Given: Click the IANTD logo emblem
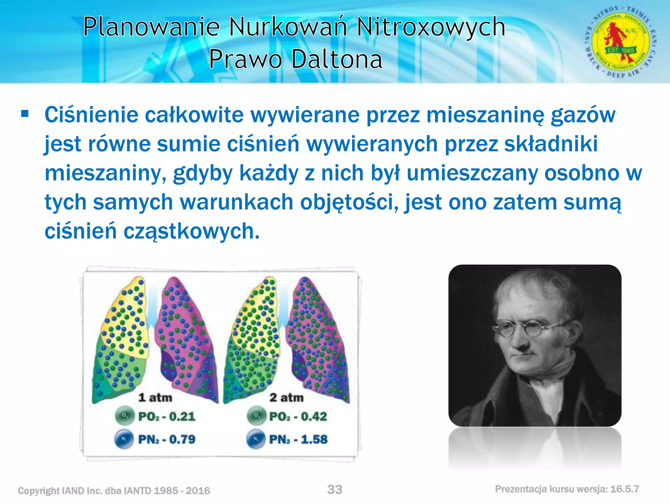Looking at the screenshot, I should pyautogui.click(x=621, y=42).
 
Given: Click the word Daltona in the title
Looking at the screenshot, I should pyautogui.click(x=337, y=59).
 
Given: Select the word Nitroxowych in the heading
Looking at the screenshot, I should pyautogui.click(x=431, y=27).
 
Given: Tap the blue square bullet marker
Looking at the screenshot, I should pyautogui.click(x=25, y=114).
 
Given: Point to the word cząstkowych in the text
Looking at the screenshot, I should pyautogui.click(x=191, y=231).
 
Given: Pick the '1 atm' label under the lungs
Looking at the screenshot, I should pyautogui.click(x=155, y=398).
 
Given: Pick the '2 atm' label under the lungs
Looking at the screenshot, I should pyautogui.click(x=286, y=398).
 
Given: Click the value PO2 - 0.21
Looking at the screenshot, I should pyautogui.click(x=167, y=417).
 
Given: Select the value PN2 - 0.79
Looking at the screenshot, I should pyautogui.click(x=167, y=439).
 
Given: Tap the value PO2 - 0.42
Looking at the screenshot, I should pyautogui.click(x=298, y=417).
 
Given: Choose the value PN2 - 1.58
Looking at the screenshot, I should pyautogui.click(x=298, y=439).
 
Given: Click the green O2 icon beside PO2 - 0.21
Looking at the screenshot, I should pyautogui.click(x=125, y=416).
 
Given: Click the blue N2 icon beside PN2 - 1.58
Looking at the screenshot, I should pyautogui.click(x=256, y=439).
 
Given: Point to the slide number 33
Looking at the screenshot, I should pyautogui.click(x=335, y=490).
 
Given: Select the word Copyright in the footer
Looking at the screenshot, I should pyautogui.click(x=39, y=491).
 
